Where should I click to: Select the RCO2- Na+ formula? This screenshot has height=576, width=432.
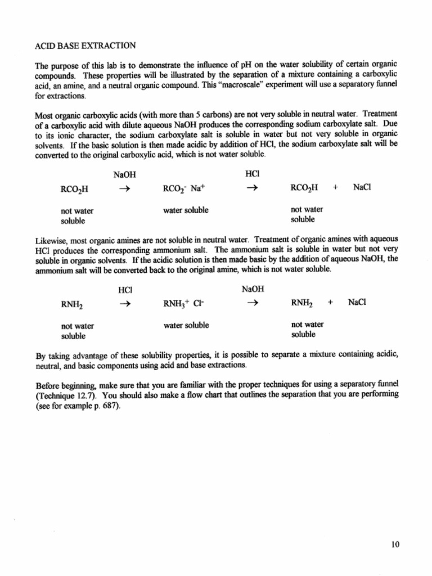click(180, 188)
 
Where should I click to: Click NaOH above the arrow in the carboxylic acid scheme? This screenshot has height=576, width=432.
click(125, 175)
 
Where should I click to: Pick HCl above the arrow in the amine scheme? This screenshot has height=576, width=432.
click(125, 290)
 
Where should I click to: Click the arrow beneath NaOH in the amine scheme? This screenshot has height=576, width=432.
click(253, 303)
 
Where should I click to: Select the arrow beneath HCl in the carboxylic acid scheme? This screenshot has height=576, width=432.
click(253, 188)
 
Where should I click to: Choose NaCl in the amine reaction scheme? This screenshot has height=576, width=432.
click(357, 302)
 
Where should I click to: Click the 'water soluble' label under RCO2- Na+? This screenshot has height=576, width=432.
click(186, 210)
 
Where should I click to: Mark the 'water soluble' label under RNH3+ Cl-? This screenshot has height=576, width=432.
click(186, 326)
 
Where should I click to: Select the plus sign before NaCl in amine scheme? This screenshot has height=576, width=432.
click(331, 302)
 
